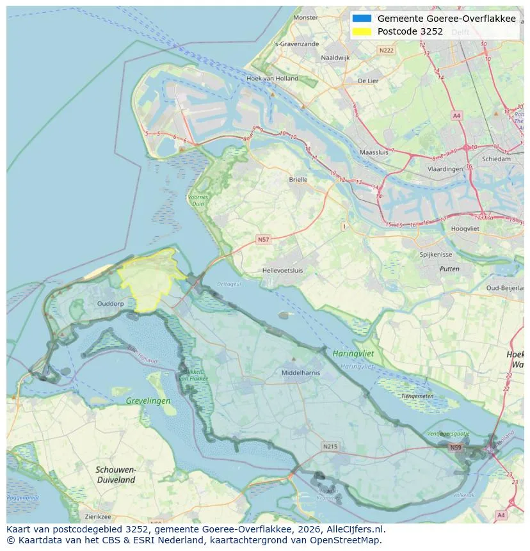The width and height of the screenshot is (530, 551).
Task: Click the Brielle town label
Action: tap(298, 180)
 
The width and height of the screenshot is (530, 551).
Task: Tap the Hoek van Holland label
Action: tap(272, 79)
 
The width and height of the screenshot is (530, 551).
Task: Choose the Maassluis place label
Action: tap(374, 153)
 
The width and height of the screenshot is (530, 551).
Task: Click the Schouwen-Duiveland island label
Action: tap(115, 474)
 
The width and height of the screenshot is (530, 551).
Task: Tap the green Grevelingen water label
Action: tap(148, 401)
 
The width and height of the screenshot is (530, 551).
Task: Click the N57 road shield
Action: tap(263, 239)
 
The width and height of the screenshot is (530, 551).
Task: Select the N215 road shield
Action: tap(330, 446)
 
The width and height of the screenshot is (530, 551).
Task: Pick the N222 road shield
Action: tap(386, 50)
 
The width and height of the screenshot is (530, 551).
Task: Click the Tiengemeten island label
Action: tap(417, 395)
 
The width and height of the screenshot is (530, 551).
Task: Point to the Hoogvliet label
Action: tap(465, 228)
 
